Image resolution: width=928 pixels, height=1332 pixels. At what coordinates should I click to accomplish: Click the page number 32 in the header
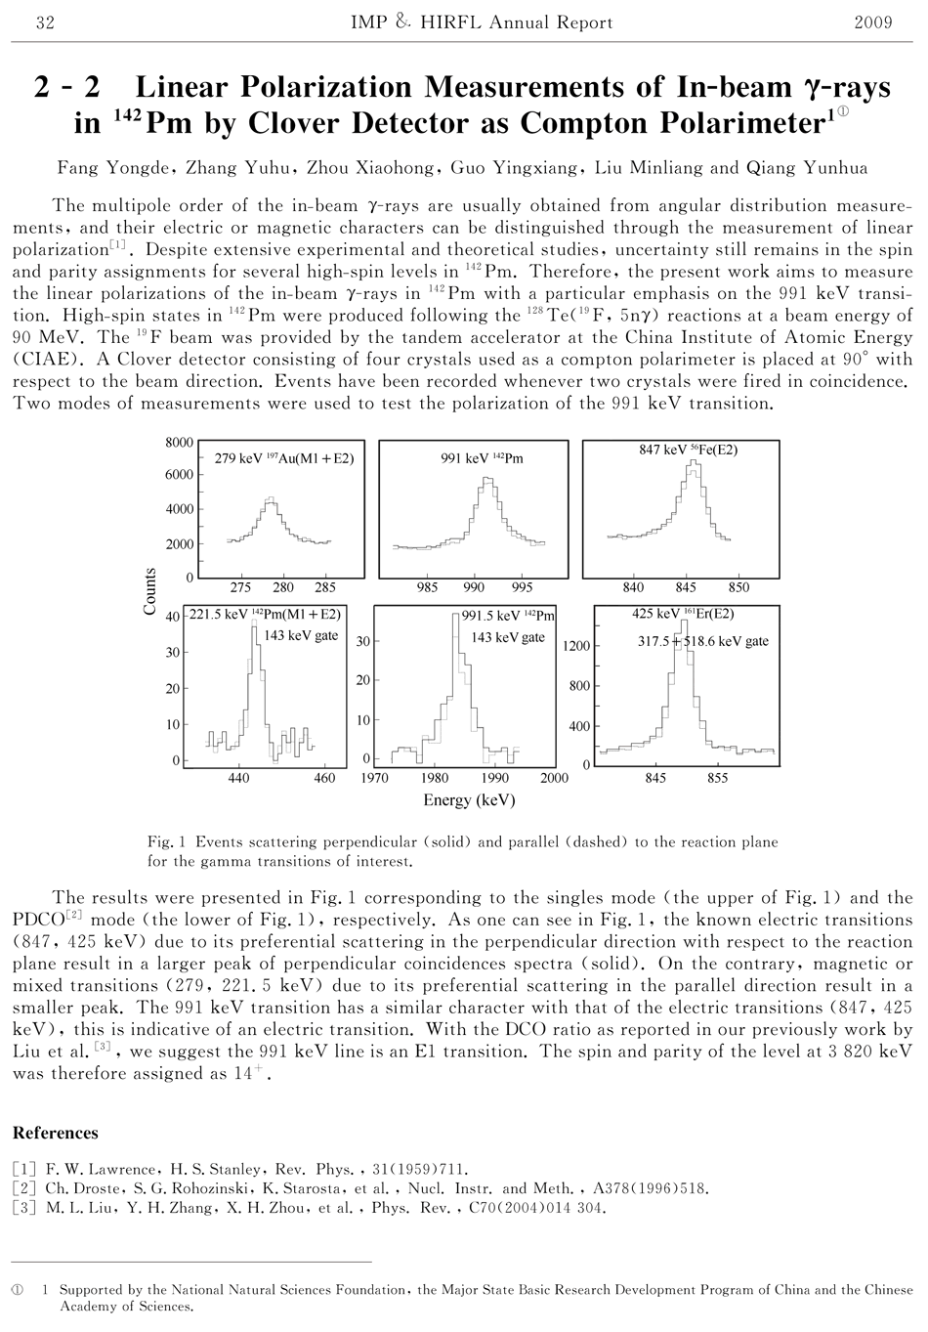[x=44, y=22]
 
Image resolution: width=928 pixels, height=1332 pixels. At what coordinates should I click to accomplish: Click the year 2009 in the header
[x=872, y=22]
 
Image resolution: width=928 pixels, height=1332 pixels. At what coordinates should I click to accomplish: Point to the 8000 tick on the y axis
[x=179, y=443]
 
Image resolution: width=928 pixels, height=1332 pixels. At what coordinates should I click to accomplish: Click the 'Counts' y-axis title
[x=150, y=591]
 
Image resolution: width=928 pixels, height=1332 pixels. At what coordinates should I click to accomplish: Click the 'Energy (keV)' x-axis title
[x=469, y=800]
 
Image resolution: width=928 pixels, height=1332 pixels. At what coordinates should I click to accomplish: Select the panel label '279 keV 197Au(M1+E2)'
[x=283, y=457]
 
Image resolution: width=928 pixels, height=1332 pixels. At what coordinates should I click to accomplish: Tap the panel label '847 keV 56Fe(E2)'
[x=688, y=450]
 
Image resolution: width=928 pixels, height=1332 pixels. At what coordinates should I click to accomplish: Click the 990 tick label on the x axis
[x=474, y=587]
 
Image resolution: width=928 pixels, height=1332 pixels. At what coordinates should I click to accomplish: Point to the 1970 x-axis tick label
[x=375, y=779]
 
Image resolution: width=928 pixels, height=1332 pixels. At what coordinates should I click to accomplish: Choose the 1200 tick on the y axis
[x=576, y=646]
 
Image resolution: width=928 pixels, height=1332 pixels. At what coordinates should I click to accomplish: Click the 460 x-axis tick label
[x=324, y=779]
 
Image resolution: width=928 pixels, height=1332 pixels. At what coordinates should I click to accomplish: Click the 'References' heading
[x=55, y=1133]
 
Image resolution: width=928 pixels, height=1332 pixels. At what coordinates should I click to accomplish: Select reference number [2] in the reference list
[x=22, y=1188]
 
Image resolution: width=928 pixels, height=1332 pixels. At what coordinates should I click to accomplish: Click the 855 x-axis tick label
[x=718, y=779]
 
